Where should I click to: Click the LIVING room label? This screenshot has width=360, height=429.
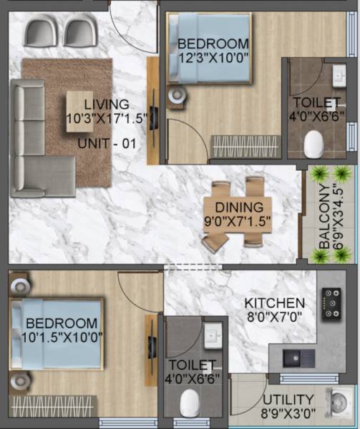106,105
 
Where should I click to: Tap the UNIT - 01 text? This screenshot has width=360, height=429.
107,142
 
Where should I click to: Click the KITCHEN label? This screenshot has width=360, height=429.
274,302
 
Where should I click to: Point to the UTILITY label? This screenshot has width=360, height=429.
288,399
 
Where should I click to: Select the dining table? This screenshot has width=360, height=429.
238,213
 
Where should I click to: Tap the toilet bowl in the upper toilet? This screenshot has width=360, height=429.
313,145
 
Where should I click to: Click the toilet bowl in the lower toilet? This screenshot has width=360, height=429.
189,404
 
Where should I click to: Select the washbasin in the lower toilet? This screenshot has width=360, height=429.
213,335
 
